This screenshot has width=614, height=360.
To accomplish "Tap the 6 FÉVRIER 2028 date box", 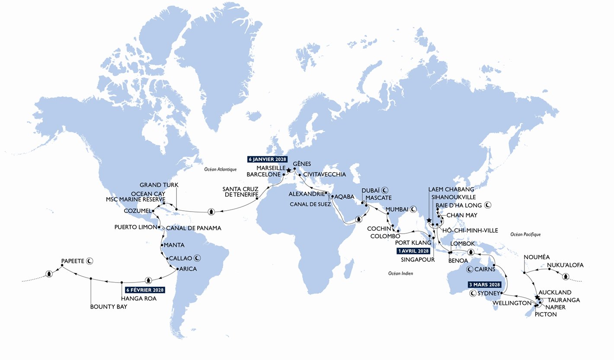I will [x=143, y=290].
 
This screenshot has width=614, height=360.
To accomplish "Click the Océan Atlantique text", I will [x=221, y=170].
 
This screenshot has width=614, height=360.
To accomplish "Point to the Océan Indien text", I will [x=400, y=273].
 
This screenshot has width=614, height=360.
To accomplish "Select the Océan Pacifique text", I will [x=525, y=235].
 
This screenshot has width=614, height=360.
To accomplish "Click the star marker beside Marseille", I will [x=288, y=170].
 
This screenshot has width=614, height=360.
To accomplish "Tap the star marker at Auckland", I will [x=537, y=297].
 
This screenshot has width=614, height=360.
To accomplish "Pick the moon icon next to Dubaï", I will [x=384, y=190].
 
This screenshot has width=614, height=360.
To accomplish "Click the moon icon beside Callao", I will [x=198, y=258].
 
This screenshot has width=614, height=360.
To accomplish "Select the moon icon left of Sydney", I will [x=474, y=293].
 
